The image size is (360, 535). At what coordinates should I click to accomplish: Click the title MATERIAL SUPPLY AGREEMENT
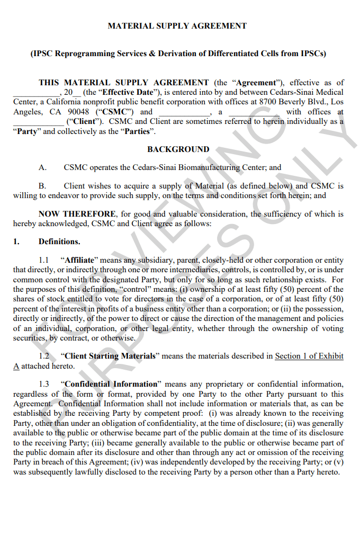177,25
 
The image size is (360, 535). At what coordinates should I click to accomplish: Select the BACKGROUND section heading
178,149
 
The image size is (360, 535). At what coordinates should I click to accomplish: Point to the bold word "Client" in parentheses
84,121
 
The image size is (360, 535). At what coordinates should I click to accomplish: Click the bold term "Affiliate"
79,260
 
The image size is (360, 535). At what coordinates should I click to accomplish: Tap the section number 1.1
44,260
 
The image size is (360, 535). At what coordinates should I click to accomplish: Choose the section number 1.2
44,356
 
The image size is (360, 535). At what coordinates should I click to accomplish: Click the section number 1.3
44,384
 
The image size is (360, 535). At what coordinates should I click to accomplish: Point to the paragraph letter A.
42,167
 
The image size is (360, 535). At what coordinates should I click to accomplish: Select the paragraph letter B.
42,186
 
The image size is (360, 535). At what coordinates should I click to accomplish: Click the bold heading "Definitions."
59,242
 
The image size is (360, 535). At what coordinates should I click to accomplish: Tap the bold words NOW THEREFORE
77,214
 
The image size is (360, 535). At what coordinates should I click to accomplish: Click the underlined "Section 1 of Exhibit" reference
309,356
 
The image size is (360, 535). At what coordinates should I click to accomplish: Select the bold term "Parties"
137,131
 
